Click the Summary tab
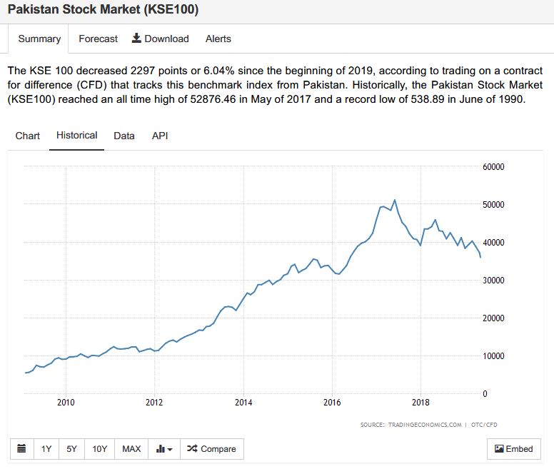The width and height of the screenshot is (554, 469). [39, 39]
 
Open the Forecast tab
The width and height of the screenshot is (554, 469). [98, 39]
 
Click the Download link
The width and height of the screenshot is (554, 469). [161, 39]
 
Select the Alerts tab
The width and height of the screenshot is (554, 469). [218, 39]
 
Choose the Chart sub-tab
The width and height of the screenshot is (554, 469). [28, 136]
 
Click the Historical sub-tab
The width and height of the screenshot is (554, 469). [76, 136]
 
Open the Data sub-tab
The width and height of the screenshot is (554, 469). [124, 136]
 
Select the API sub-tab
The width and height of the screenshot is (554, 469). [160, 136]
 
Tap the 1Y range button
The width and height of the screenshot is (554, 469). [46, 449]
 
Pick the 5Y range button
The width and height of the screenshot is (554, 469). [71, 449]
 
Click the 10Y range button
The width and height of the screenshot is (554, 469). [99, 449]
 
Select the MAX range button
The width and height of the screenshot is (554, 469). [131, 449]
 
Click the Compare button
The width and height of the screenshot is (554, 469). [211, 449]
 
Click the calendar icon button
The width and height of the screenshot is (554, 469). [21, 449]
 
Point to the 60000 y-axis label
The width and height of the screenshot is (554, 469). [493, 167]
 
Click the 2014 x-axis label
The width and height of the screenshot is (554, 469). [243, 402]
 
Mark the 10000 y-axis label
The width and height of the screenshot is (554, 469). [493, 356]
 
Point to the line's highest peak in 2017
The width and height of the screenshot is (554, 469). [395, 200]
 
